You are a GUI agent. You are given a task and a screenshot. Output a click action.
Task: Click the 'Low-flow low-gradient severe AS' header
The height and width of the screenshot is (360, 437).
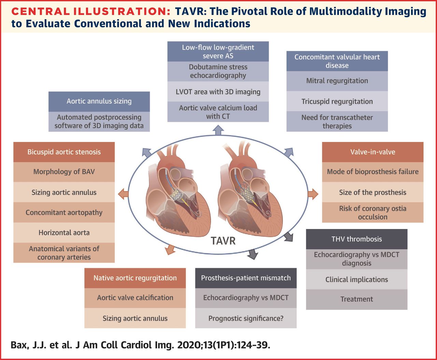click(x=218, y=52)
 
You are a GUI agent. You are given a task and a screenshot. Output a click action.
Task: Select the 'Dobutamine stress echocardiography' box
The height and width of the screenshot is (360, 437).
click(x=218, y=71)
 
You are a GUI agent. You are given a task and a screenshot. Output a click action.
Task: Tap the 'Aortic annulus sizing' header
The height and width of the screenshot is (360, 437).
click(x=99, y=101)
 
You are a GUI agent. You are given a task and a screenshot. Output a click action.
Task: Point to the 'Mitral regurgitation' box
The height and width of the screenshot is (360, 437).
click(x=337, y=81)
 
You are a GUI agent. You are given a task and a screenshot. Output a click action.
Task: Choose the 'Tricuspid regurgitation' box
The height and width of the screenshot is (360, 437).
click(x=337, y=101)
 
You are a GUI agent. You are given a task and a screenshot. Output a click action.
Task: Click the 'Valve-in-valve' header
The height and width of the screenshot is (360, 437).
click(x=372, y=152)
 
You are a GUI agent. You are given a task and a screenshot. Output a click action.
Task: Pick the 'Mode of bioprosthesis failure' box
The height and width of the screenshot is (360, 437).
click(x=372, y=172)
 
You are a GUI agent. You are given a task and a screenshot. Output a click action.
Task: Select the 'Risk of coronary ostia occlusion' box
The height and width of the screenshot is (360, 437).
click(x=372, y=213)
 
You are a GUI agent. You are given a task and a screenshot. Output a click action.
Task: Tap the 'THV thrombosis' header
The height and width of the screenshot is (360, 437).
click(x=356, y=239)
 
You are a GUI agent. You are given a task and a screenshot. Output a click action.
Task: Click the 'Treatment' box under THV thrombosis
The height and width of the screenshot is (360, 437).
click(x=356, y=299)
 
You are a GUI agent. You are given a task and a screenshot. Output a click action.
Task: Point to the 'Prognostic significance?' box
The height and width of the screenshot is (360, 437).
click(x=246, y=318)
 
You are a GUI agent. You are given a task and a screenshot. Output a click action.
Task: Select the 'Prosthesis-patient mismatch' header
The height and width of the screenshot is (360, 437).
click(x=246, y=278)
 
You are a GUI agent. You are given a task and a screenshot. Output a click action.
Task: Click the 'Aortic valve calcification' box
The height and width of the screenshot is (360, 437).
click(x=135, y=298)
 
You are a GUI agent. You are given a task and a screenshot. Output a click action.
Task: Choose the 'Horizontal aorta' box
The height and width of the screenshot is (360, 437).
click(x=64, y=233)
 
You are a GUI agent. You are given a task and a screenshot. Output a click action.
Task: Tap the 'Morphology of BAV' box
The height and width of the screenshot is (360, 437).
click(x=64, y=172)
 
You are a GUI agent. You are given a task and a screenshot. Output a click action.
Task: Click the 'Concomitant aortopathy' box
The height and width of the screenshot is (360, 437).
click(x=64, y=212)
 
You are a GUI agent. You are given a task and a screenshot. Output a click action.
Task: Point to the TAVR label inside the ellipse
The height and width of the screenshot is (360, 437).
click(x=223, y=241)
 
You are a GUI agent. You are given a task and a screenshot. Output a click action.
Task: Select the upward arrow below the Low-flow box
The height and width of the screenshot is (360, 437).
click(x=218, y=130)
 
